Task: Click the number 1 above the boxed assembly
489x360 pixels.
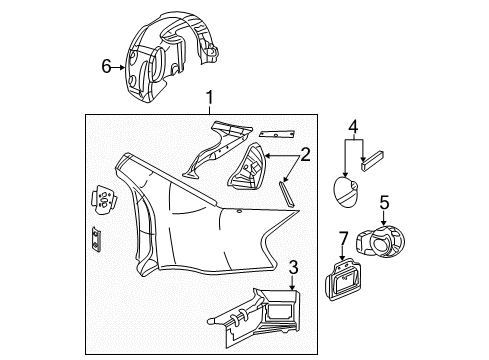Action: pyautogui.click(x=209, y=98)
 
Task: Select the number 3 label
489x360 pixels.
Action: pyautogui.click(x=292, y=267)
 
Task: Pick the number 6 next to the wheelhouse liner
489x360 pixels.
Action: pyautogui.click(x=106, y=67)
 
